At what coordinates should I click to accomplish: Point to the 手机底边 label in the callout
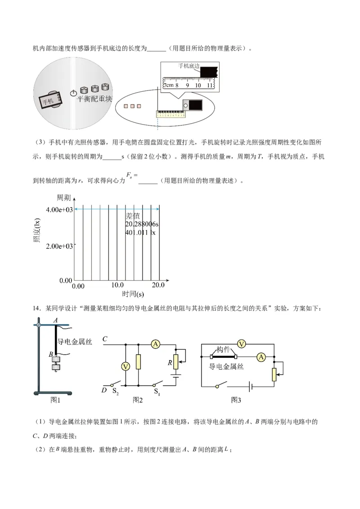tap(188, 66)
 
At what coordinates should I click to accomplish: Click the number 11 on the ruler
tap(210, 85)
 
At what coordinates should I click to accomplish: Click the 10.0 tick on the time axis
tap(118, 285)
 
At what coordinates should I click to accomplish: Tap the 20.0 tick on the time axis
tap(158, 285)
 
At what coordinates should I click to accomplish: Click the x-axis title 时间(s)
tap(133, 295)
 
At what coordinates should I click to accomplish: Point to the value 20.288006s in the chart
tap(144, 223)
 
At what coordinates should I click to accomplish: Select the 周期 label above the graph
tap(63, 198)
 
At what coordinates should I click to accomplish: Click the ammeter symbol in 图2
tap(156, 344)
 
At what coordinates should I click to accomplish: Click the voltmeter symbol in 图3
tap(241, 344)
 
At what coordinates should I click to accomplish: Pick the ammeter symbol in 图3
tap(261, 357)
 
